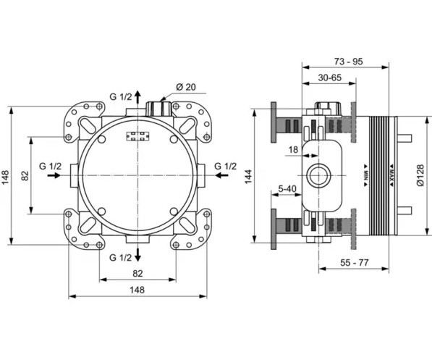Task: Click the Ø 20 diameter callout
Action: tap(186, 87)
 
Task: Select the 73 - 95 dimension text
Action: tap(349, 62)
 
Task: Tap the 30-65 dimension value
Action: tap(329, 78)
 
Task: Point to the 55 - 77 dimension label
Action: tap(354, 263)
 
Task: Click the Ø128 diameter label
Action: tap(420, 175)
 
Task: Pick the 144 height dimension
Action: tap(248, 177)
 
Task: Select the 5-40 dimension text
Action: tap(287, 189)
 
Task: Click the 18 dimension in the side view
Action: tap(293, 150)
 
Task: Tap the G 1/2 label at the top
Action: tap(121, 97)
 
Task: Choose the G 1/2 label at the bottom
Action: tap(121, 258)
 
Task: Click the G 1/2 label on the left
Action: tap(51, 167)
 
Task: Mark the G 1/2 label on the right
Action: tap(225, 167)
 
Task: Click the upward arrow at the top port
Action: tap(137, 97)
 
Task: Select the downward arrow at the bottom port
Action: tap(137, 254)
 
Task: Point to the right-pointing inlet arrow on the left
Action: tap(54, 175)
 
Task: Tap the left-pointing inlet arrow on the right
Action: tap(221, 175)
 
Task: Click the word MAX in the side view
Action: tap(391, 175)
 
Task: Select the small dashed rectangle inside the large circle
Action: tap(137, 137)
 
